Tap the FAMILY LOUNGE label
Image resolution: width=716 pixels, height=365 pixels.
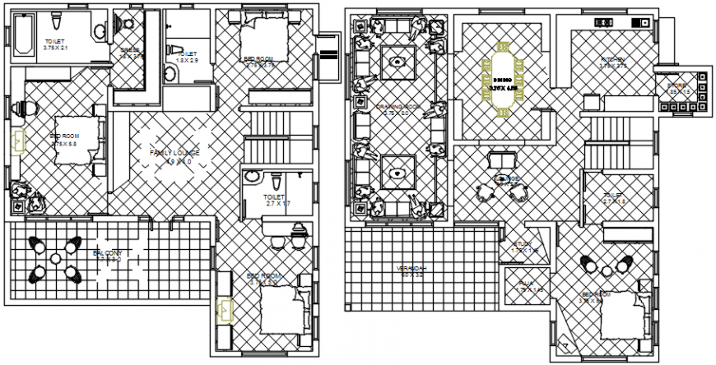click(x=174, y=153)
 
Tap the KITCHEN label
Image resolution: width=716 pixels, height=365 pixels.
click(x=613, y=60)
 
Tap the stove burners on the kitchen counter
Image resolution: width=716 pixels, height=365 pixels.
click(x=605, y=21)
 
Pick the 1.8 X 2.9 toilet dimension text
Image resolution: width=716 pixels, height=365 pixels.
click(x=186, y=60)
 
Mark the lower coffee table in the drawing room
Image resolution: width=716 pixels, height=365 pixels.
click(x=398, y=173)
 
